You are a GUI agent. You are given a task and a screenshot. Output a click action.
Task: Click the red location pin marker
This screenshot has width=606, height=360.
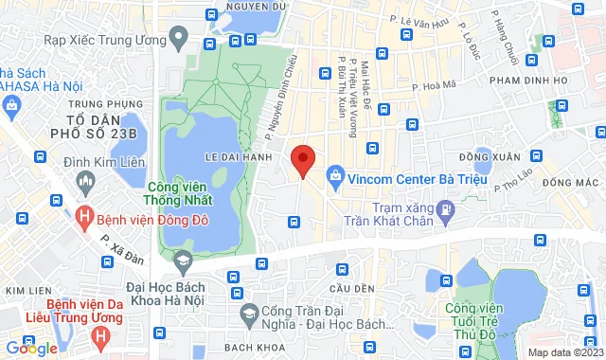[302, 161]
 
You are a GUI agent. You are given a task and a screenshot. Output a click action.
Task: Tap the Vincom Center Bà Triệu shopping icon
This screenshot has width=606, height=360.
[334, 174]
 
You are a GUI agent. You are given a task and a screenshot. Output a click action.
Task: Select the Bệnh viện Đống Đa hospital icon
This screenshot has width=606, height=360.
[86, 216]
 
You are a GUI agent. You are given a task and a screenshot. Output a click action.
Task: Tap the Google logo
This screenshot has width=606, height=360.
[31, 348]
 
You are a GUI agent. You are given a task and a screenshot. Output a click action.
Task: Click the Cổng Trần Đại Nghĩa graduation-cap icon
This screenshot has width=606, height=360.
[248, 314]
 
